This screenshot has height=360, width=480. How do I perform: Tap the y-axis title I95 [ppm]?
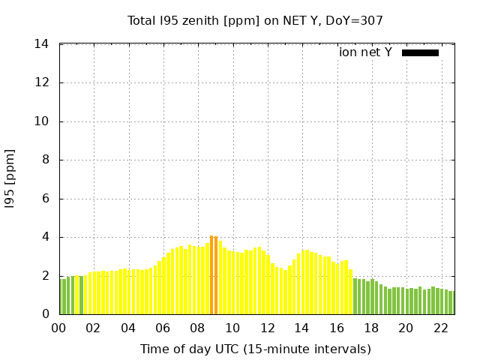tap(10, 179)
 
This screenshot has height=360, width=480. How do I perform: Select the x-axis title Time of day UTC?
tap(255, 349)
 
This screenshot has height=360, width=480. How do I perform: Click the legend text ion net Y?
tap(365, 52)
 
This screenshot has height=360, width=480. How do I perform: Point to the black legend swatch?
tap(420, 52)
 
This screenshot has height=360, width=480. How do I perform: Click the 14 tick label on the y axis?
tap(42, 44)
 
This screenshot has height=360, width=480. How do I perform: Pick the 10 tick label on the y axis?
tap(42, 121)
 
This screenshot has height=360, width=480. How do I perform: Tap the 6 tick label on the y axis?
tap(45, 199)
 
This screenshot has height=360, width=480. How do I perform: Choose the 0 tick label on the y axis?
tap(45, 315)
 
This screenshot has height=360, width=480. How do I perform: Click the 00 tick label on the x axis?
tap(59, 328)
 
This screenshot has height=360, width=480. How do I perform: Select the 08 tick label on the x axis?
tap(198, 328)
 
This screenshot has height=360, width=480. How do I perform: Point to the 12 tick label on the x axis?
tap(267, 328)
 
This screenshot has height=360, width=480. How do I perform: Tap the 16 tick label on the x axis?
tap(336, 328)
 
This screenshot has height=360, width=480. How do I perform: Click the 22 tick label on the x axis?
tap(440, 328)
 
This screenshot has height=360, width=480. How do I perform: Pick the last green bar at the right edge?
tap(452, 303)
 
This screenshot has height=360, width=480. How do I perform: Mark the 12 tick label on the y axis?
tap(42, 83)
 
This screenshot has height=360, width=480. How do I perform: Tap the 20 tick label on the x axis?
tap(406, 328)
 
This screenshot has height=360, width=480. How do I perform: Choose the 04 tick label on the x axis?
tap(128, 328)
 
